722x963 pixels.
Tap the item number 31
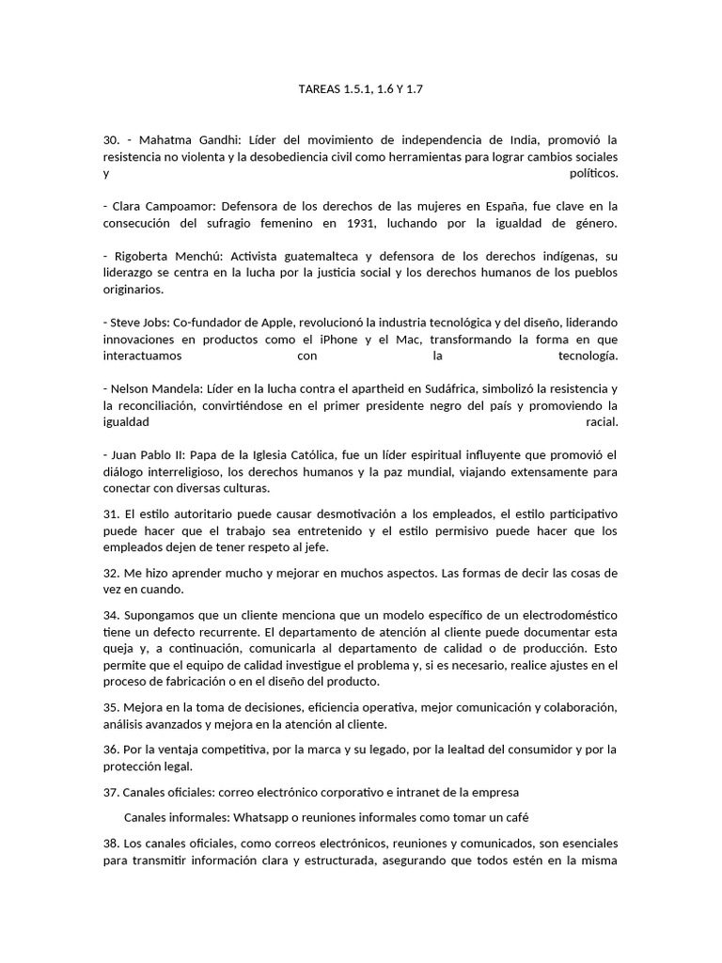[111, 514]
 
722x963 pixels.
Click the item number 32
[111, 573]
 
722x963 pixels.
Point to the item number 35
[111, 707]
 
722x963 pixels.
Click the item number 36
[111, 750]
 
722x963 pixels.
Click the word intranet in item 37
[400, 792]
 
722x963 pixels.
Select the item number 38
[111, 843]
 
